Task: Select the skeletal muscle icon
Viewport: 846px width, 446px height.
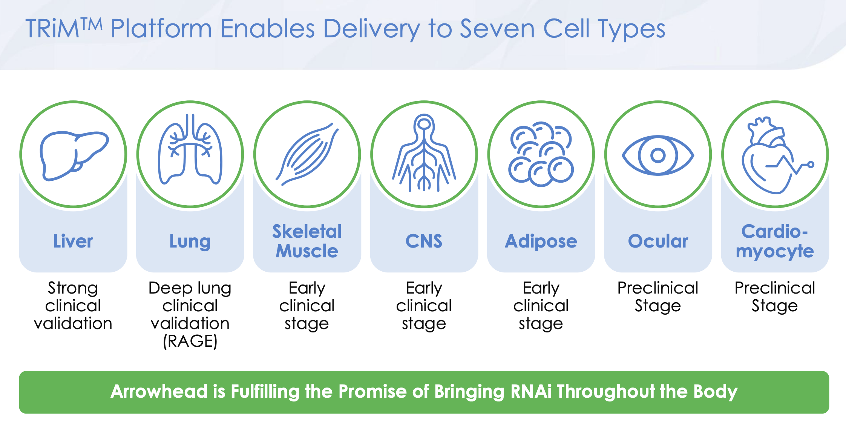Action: point(307,154)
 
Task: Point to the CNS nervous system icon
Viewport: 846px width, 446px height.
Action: point(424,153)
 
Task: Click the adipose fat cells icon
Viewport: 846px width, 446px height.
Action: point(541,154)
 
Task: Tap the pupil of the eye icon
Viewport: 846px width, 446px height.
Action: point(658,155)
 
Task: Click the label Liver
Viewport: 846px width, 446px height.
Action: point(73,241)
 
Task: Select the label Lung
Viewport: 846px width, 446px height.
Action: point(190,242)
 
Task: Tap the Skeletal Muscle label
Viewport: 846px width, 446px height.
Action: point(307,241)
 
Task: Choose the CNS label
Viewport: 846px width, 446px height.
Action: point(424,241)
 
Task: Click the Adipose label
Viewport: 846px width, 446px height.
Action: point(541,242)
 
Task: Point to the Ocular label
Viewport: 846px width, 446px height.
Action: point(658,241)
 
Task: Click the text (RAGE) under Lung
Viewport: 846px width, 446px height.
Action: point(190,341)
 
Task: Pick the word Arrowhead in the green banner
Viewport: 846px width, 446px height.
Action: point(159,391)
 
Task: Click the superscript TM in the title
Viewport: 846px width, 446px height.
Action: point(91,24)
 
